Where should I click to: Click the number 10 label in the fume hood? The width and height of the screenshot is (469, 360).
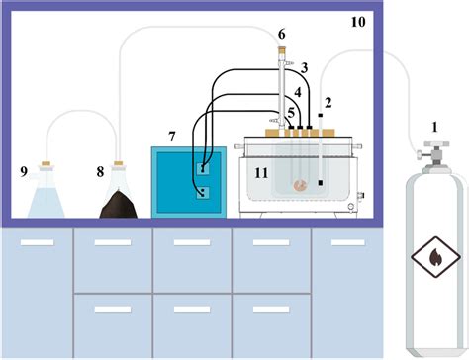(357, 19)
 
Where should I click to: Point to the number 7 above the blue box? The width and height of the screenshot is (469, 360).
(172, 134)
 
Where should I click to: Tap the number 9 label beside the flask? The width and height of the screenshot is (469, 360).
(23, 170)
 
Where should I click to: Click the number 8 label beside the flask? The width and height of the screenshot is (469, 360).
(99, 170)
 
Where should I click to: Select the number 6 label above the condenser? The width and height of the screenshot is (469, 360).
(281, 35)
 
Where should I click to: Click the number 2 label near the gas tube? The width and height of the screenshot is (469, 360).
(328, 102)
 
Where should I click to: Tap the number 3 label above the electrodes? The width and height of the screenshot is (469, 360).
(305, 67)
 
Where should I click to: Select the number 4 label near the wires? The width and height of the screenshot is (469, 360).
(296, 91)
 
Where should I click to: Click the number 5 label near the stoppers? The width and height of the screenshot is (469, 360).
(291, 111)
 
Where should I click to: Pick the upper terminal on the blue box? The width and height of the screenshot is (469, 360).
(203, 169)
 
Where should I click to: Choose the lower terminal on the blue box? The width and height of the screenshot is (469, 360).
(203, 193)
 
